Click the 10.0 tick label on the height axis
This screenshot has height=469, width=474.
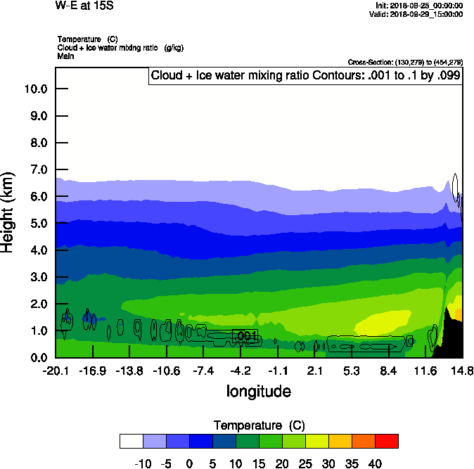[35, 89]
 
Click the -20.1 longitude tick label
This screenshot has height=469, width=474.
[55, 371]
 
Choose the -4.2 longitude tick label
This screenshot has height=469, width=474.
[241, 371]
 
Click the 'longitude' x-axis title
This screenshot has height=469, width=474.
[258, 391]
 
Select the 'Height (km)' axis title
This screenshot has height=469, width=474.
[9, 211]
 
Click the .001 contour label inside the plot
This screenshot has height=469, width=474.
[245, 336]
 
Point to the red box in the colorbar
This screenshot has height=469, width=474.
[386, 441]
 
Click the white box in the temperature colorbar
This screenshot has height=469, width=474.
[132, 441]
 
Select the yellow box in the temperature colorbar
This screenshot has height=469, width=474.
[316, 441]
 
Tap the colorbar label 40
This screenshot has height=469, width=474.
[374, 464]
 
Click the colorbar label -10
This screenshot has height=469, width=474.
[143, 464]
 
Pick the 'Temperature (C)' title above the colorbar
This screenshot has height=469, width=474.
[259, 425]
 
